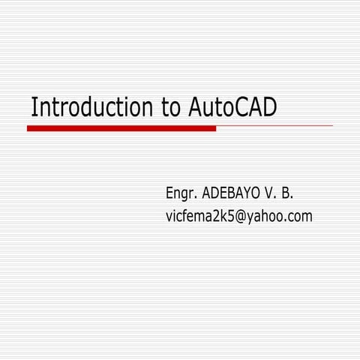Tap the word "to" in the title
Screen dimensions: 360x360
tap(169, 107)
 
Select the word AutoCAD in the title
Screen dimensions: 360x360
tap(229, 107)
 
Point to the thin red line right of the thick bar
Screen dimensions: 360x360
tap(274, 125)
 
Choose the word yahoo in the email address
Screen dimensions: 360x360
tap(268, 217)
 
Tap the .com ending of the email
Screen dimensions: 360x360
tap(299, 217)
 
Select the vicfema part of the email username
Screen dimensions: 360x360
tap(190, 217)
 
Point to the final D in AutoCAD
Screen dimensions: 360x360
tap(270, 107)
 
